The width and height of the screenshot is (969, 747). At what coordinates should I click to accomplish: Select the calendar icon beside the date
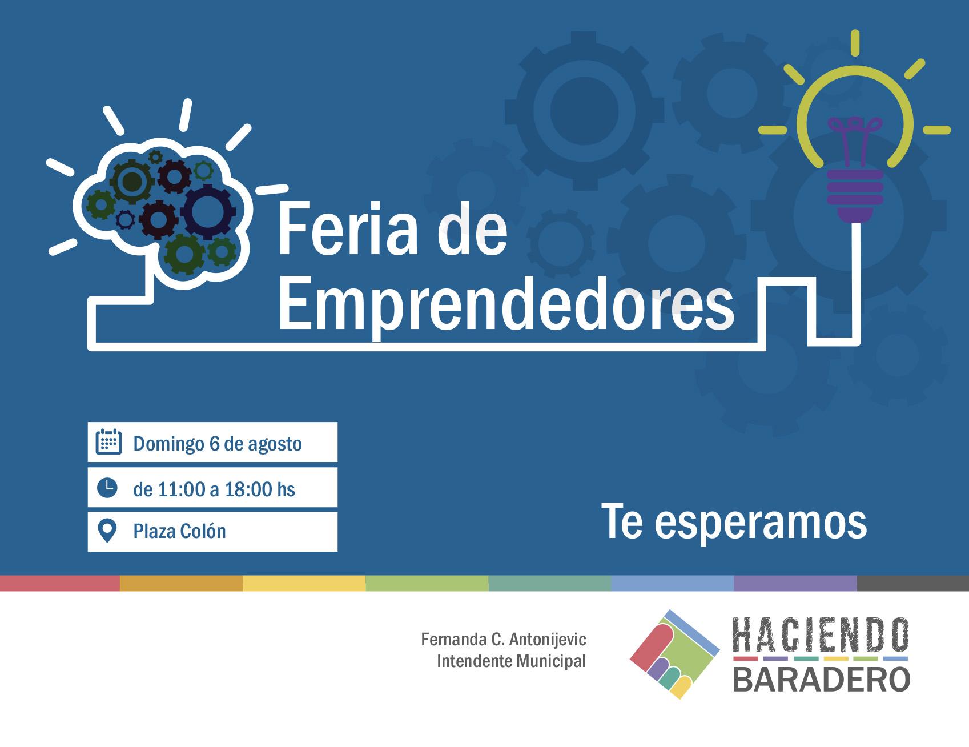coord(108,441)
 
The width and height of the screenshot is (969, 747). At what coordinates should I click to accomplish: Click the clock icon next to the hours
coord(107,487)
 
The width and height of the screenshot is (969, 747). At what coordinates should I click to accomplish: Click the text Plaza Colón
coord(179,531)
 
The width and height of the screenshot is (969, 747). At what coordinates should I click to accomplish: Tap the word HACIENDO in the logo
coord(821,636)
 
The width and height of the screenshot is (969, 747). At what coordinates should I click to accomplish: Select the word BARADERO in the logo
coord(821,680)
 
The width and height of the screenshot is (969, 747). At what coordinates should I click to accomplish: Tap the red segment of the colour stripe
coord(60,583)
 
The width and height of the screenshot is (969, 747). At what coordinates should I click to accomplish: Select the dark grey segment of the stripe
coord(913,583)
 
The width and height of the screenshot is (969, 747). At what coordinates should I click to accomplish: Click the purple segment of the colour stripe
coord(795,583)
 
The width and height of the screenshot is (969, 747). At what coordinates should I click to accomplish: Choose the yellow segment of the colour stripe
coord(304,583)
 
